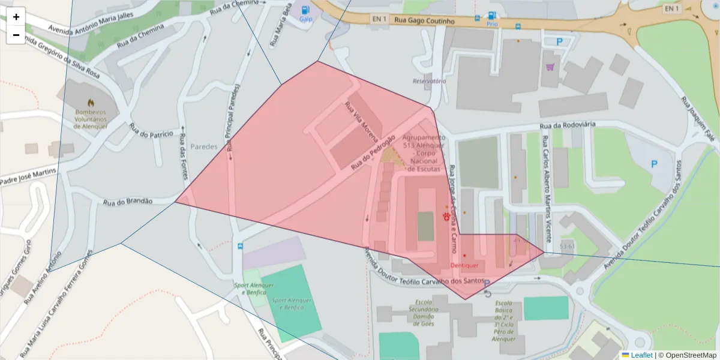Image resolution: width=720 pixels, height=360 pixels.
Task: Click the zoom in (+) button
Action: [x=16, y=17]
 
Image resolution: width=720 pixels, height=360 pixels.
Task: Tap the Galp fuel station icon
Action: [x=306, y=10]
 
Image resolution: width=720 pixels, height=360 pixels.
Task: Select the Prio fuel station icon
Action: [x=492, y=16]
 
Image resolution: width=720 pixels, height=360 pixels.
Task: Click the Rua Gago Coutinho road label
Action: [x=424, y=21]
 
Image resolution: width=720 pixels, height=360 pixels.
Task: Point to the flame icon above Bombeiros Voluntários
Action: [x=91, y=103]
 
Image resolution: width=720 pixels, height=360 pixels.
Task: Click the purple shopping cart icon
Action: [x=550, y=67]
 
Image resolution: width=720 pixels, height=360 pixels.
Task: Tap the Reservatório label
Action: [x=429, y=81]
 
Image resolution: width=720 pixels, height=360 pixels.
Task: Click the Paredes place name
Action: [x=203, y=146]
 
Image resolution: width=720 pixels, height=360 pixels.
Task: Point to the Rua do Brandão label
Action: [x=128, y=202]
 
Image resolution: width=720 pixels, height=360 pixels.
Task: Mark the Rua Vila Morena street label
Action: [x=358, y=118]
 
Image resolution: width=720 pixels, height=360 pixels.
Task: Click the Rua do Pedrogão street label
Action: [x=373, y=151]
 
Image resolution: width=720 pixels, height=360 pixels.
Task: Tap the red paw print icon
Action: [x=447, y=215]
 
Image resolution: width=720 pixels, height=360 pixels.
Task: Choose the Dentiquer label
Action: [x=464, y=265]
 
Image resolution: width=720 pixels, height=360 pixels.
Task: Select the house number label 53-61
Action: [x=567, y=246]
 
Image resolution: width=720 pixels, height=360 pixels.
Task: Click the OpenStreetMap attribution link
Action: [x=691, y=355]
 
